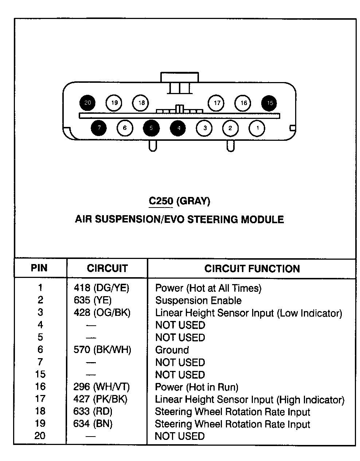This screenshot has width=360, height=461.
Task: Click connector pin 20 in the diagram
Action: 87,103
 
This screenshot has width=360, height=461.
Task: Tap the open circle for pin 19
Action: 114,103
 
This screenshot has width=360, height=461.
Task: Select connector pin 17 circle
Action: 216,103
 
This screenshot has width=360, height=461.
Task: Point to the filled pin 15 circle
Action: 269,103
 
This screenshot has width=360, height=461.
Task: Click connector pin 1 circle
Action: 257,128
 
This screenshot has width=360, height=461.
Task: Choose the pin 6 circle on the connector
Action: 125,128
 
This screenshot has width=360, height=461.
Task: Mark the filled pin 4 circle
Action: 178,128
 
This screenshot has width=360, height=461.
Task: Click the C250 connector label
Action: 161,201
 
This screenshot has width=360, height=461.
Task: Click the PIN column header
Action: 39,268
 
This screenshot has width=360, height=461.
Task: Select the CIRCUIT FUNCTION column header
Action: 252,268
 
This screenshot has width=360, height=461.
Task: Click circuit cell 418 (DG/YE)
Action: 102,288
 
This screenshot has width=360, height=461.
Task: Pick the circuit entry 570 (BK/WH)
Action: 102,349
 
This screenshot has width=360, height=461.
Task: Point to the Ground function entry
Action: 172,350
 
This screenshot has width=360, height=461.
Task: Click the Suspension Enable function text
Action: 198,301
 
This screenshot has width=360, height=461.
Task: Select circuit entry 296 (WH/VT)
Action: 102,387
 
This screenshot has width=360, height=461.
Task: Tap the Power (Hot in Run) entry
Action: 197,387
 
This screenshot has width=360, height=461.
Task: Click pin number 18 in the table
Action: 40,411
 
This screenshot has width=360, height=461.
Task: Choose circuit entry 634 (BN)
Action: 93,424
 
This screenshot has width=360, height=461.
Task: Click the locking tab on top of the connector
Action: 180,77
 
